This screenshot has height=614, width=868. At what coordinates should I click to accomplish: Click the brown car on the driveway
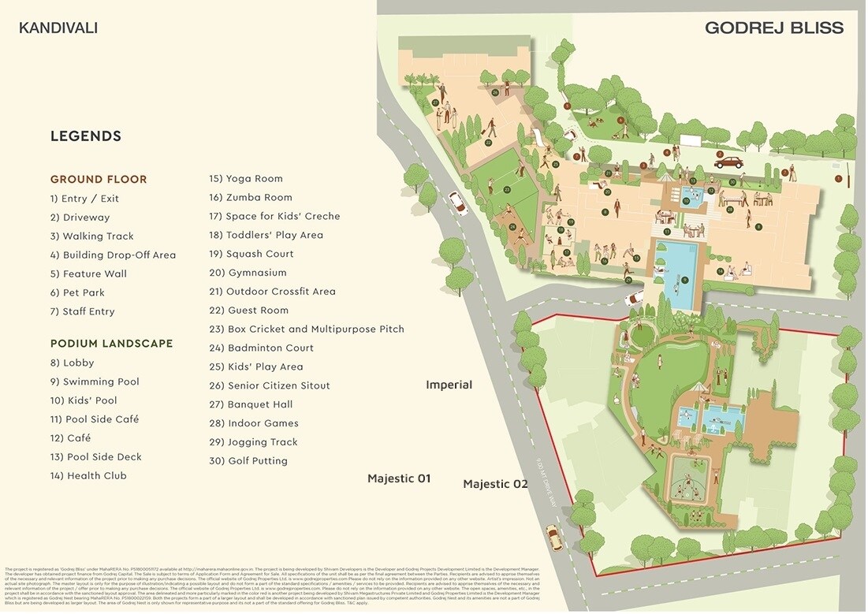(x=728, y=162)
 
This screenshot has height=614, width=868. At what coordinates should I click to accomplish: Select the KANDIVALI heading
(x=58, y=28)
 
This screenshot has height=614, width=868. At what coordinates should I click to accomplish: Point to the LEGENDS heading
(x=86, y=136)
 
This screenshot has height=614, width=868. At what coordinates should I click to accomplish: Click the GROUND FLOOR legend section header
(x=99, y=180)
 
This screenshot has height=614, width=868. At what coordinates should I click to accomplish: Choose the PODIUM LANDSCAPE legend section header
(x=111, y=344)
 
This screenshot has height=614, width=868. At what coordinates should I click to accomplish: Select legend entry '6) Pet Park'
(x=77, y=292)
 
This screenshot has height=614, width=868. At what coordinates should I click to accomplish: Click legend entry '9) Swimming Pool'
(x=95, y=381)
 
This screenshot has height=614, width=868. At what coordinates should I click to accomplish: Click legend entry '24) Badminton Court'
(x=261, y=348)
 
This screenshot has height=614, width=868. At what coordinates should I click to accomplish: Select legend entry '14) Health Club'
(x=88, y=476)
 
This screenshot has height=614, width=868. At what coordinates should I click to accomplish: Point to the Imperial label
(x=449, y=385)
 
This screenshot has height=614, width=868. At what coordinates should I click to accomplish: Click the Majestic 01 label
(x=399, y=478)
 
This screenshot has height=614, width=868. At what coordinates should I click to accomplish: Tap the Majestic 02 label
(x=495, y=484)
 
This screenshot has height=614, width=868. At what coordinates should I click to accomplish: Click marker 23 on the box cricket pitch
(x=507, y=190)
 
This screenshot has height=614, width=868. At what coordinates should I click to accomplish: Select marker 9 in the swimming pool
(x=685, y=280)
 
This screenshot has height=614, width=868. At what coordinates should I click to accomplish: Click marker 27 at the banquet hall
(x=435, y=102)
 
